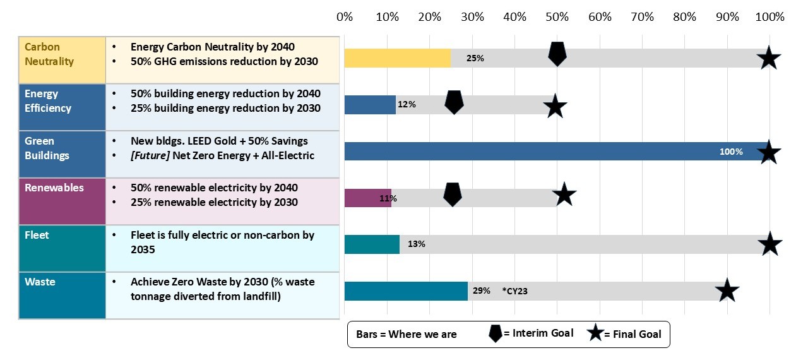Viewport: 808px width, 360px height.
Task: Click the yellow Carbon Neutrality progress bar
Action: [x=397, y=58]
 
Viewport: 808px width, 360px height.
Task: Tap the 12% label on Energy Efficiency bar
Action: [x=407, y=104]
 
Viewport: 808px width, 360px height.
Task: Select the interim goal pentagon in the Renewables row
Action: [x=453, y=194]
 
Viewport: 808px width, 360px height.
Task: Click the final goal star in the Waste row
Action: [x=727, y=291]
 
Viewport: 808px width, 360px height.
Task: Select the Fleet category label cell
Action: [x=62, y=248]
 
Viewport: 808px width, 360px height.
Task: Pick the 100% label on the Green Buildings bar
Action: [x=731, y=152]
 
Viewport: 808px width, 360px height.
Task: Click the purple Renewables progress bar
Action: [x=367, y=198]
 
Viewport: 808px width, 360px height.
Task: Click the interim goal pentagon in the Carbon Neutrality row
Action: [x=557, y=54]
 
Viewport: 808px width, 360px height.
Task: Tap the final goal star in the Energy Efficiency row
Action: [x=555, y=106]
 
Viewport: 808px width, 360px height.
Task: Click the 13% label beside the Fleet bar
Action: [x=417, y=244]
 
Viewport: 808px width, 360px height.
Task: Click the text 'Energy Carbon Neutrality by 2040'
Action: [x=213, y=47]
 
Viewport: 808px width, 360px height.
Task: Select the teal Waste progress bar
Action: [x=405, y=291]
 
